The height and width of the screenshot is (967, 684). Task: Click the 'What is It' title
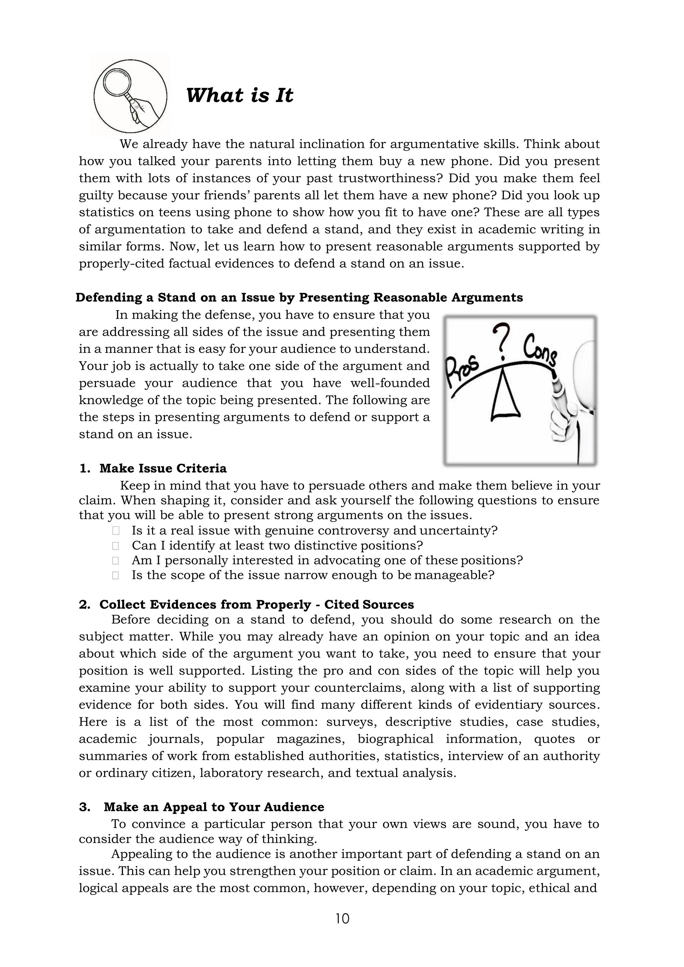click(239, 95)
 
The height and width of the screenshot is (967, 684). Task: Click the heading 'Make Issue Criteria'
click(163, 468)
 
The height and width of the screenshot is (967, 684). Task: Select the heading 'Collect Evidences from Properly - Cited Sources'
click(256, 604)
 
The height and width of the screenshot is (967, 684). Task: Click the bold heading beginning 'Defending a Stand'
click(299, 297)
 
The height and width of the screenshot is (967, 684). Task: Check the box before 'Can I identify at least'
click(116, 546)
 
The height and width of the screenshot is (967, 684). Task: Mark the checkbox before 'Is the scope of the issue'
click(116, 575)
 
